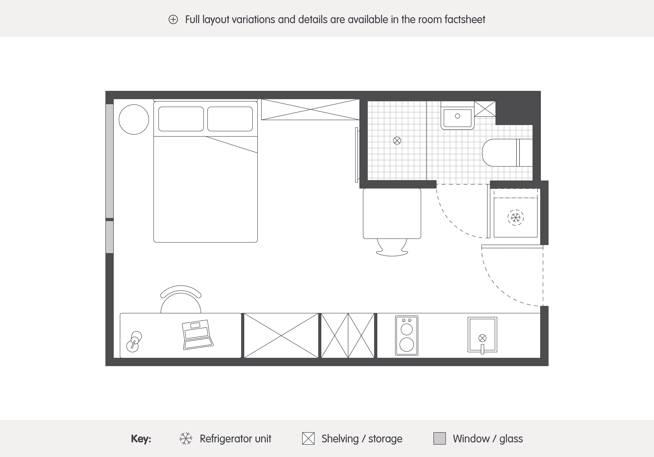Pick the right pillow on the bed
pos(230,119)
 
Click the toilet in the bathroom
pos(507,153)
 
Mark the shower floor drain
pos(397,141)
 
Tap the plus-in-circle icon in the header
pos(173,20)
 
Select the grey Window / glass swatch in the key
pos(439,439)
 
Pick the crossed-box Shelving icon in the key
pos(308,439)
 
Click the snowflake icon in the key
pos(186,439)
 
